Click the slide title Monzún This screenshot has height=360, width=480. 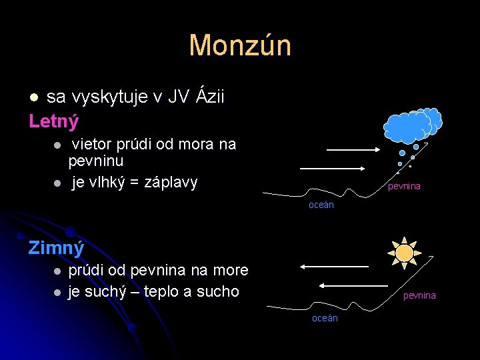[x=240, y=45]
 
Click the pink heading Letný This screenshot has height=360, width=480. [x=54, y=121]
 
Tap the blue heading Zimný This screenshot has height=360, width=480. [x=56, y=248]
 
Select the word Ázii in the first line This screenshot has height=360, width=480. [x=211, y=97]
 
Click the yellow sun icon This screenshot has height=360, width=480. [x=404, y=253]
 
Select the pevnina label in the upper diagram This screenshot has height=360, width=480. [x=404, y=187]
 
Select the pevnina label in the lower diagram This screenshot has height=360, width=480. [x=419, y=295]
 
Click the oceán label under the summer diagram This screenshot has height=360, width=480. [x=321, y=205]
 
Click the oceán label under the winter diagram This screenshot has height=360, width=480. [x=325, y=318]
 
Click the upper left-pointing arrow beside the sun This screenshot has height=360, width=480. [x=333, y=267]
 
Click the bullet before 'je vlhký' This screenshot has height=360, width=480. [x=58, y=183]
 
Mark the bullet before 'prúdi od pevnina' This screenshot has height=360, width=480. [x=58, y=271]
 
